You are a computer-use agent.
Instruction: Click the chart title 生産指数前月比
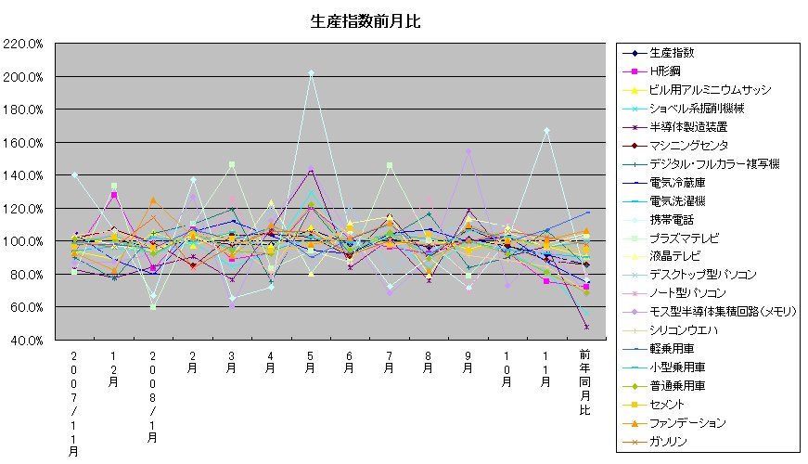click(365, 19)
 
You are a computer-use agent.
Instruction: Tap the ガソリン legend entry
click(669, 442)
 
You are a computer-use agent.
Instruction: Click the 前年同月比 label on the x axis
click(584, 381)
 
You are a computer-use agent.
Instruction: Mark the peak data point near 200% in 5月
click(311, 72)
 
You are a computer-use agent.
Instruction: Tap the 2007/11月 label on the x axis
click(74, 402)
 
